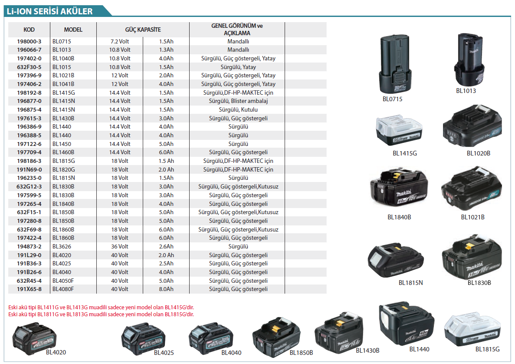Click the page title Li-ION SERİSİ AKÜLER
pos(49,11)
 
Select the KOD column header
pos(29,30)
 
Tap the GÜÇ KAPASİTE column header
pos(143,30)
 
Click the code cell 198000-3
pos(29,41)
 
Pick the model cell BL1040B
pos(63,59)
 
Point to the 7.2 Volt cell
pos(120,41)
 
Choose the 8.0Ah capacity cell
pos(166,289)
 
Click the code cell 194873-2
pos(29,246)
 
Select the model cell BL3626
pos(62,246)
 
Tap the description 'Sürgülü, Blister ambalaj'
pos(238,101)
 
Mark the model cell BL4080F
pos(63,289)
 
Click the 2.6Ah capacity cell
pos(166,246)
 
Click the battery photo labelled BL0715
pos(394,64)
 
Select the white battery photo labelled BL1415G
pos(399,130)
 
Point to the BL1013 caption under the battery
pos(466,91)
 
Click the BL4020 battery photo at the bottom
pos(34,339)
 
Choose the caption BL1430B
pos(367,351)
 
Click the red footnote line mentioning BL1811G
pos(101,314)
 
